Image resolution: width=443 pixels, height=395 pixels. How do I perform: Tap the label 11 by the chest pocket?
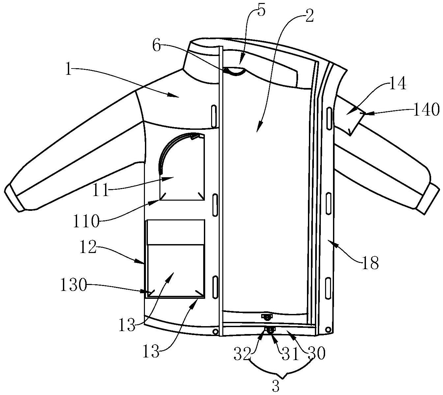(101, 190)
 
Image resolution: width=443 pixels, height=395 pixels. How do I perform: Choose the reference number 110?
(86, 221)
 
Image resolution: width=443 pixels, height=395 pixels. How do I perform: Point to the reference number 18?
(370, 263)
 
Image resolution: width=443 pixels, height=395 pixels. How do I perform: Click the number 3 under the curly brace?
(276, 386)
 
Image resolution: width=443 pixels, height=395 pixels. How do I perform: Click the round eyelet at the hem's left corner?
(216, 332)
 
